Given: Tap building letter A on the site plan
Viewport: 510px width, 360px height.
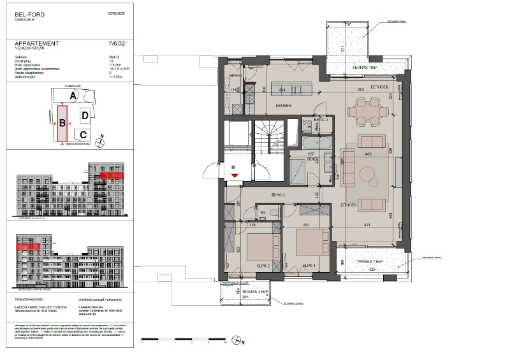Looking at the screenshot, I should point(73,96).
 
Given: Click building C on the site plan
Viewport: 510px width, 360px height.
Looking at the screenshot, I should point(83,134).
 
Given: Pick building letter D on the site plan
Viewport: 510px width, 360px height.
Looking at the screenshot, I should point(85,115).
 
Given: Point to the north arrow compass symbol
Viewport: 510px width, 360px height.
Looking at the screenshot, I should point(100,136).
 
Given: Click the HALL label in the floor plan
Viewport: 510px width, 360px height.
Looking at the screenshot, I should point(278,194).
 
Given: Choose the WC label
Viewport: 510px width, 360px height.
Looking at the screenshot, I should point(262,213).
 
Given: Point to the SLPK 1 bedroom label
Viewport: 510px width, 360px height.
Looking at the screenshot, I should point(310,264).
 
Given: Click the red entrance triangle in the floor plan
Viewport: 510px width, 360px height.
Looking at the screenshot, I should point(235,174).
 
